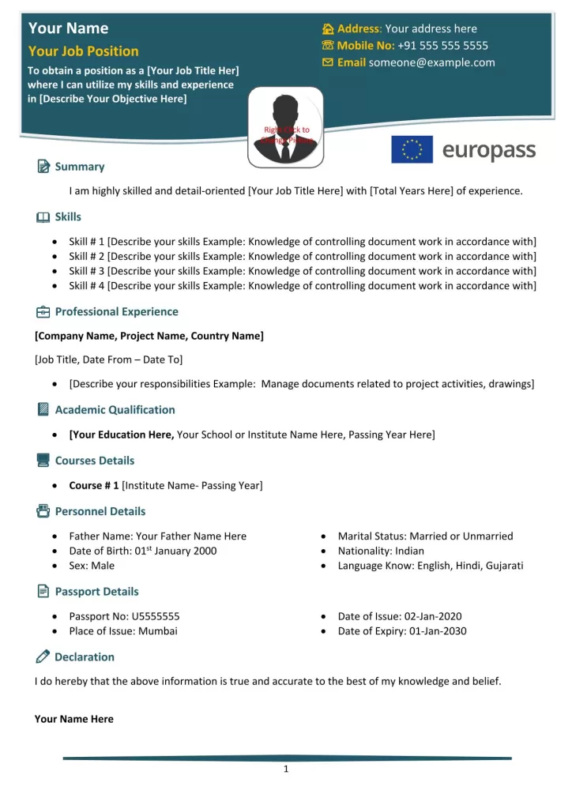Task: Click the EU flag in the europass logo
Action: (x=412, y=149)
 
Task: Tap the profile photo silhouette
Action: (x=286, y=126)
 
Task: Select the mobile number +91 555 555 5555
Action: (x=442, y=45)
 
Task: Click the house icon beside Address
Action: (x=328, y=28)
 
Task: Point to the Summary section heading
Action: (x=79, y=167)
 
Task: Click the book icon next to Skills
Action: (x=43, y=217)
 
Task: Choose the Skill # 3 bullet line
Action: (x=303, y=271)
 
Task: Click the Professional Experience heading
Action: (x=116, y=311)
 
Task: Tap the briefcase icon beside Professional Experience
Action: (x=43, y=312)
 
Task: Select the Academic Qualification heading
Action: (x=115, y=409)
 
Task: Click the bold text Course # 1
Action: (x=93, y=485)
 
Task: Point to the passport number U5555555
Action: (x=156, y=616)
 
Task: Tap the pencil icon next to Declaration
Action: (x=43, y=657)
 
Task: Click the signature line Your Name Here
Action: (x=74, y=719)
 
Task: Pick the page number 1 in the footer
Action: (x=286, y=770)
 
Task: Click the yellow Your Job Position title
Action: (x=83, y=51)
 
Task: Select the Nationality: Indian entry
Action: (x=381, y=551)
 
